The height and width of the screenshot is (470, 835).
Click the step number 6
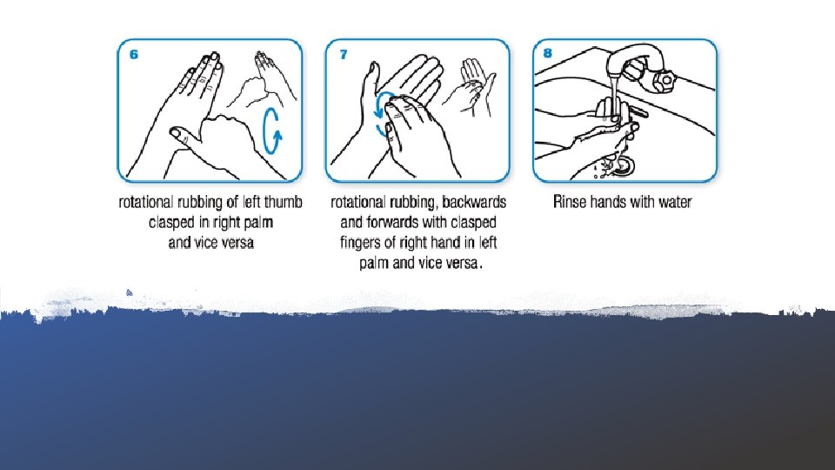click(x=134, y=54)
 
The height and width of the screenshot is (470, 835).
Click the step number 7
click(x=344, y=54)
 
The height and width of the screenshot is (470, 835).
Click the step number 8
click(x=547, y=53)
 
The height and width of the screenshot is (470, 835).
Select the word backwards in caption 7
click(x=474, y=203)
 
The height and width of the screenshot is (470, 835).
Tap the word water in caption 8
click(x=675, y=203)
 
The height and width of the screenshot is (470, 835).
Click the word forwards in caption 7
click(x=391, y=222)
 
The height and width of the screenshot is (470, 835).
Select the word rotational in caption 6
click(x=146, y=203)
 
